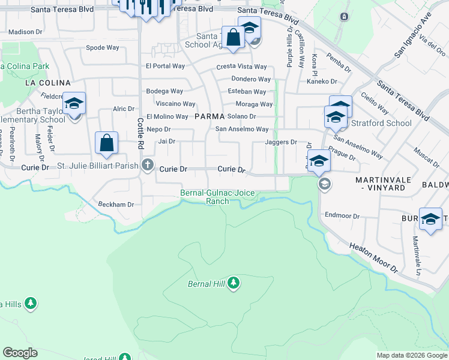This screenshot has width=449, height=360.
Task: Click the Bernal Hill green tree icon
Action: click(234, 283)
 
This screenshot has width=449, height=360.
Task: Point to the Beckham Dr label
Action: click(116, 204)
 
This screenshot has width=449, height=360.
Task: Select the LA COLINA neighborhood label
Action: click(47, 83)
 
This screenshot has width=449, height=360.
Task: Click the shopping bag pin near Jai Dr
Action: click(106, 144)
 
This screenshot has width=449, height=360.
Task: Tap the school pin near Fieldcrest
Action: click(74, 104)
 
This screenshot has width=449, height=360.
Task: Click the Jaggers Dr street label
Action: click(281, 142)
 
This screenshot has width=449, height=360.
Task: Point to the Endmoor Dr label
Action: click(342, 215)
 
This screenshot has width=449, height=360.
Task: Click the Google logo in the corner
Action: click(20, 353)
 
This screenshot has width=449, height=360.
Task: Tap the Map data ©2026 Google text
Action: click(411, 355)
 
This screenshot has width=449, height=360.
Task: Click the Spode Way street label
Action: click(103, 47)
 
